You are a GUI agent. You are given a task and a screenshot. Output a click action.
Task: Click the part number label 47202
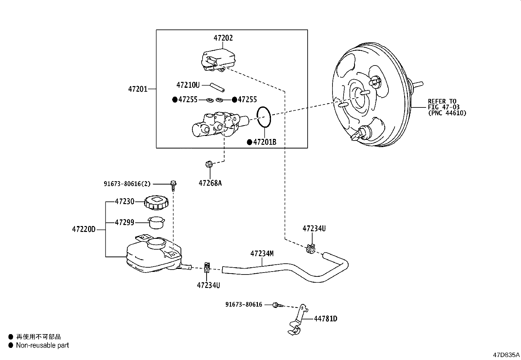[223, 38]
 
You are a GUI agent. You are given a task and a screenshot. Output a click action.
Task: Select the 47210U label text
[188, 85]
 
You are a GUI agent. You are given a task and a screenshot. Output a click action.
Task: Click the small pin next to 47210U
[218, 87]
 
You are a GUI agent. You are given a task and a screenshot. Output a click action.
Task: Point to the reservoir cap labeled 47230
[156, 202]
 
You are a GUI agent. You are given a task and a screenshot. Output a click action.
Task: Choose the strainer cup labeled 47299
[156, 222]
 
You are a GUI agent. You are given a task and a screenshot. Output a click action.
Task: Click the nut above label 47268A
[209, 164]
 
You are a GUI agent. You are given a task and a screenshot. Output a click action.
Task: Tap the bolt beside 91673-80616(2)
[173, 186]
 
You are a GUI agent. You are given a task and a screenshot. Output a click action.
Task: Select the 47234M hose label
[262, 253]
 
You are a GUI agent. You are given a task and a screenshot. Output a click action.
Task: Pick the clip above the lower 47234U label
[207, 267]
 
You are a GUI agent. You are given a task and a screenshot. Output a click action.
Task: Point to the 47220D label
[84, 229]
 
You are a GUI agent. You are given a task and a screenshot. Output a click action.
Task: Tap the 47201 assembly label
[138, 89]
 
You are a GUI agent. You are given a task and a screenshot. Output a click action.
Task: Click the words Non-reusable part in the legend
[42, 345]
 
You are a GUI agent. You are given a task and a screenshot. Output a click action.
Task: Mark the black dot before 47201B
[249, 142]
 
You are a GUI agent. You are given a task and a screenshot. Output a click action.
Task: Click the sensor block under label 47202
[218, 60]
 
